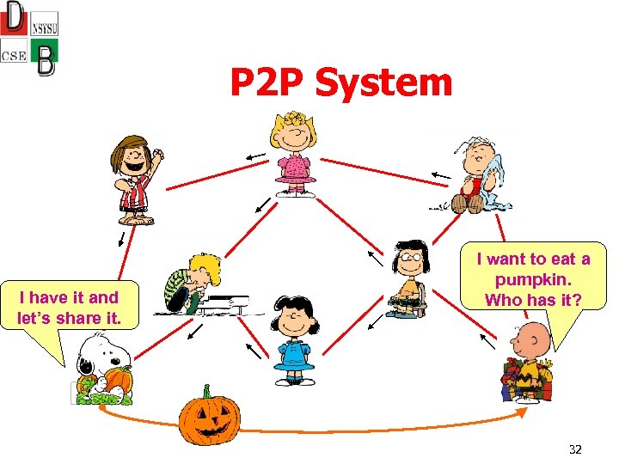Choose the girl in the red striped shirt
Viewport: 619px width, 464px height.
click(x=136, y=181)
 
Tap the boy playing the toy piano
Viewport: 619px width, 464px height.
click(x=190, y=283)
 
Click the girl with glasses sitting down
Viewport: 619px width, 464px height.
click(x=408, y=278)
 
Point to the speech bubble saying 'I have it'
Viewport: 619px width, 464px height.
click(x=69, y=308)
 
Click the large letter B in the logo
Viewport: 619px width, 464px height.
click(x=46, y=59)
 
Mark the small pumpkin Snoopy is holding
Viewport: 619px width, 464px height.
click(x=118, y=380)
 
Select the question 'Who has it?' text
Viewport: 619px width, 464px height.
click(x=533, y=300)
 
